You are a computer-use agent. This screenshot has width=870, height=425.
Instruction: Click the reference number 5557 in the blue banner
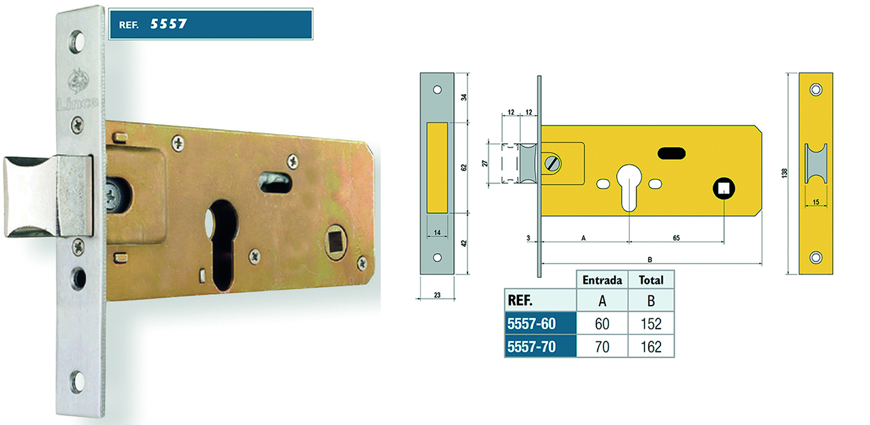(168, 24)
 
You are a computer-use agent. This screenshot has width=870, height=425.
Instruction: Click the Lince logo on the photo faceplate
(78, 89)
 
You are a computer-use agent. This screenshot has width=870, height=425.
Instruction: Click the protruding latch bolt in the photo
(48, 196)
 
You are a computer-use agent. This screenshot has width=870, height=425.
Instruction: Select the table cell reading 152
(651, 324)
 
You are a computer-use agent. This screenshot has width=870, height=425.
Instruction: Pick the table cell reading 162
(651, 347)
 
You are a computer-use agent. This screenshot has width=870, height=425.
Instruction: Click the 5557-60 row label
(532, 324)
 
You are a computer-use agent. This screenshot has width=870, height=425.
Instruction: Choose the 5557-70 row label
(532, 347)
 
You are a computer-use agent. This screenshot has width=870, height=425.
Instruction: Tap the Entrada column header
(602, 280)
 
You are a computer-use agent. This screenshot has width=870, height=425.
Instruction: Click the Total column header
(651, 280)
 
